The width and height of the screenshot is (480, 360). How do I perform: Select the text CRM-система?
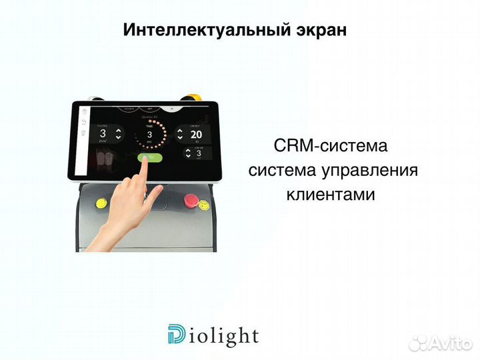[x=330, y=145]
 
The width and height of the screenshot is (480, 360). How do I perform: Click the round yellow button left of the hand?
[x=102, y=203]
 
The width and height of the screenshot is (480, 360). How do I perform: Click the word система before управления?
[x=282, y=170]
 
